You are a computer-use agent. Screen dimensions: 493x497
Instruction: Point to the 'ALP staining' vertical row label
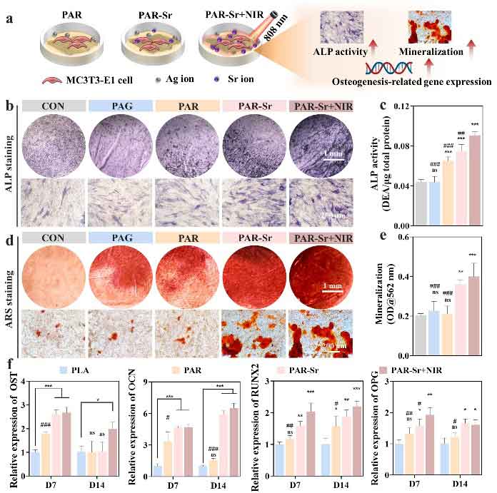(9, 164)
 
